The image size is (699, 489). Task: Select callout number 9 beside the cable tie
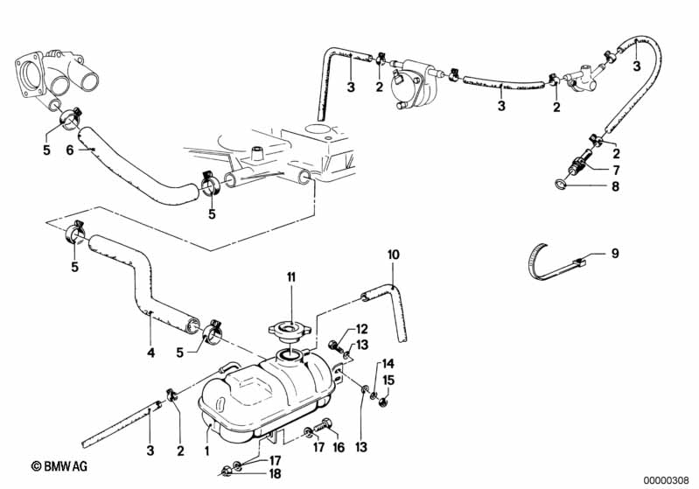[614, 255]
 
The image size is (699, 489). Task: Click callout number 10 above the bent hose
[393, 255]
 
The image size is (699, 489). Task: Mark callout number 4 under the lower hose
[150, 353]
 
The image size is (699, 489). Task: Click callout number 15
[388, 380]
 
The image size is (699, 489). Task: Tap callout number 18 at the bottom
[275, 473]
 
